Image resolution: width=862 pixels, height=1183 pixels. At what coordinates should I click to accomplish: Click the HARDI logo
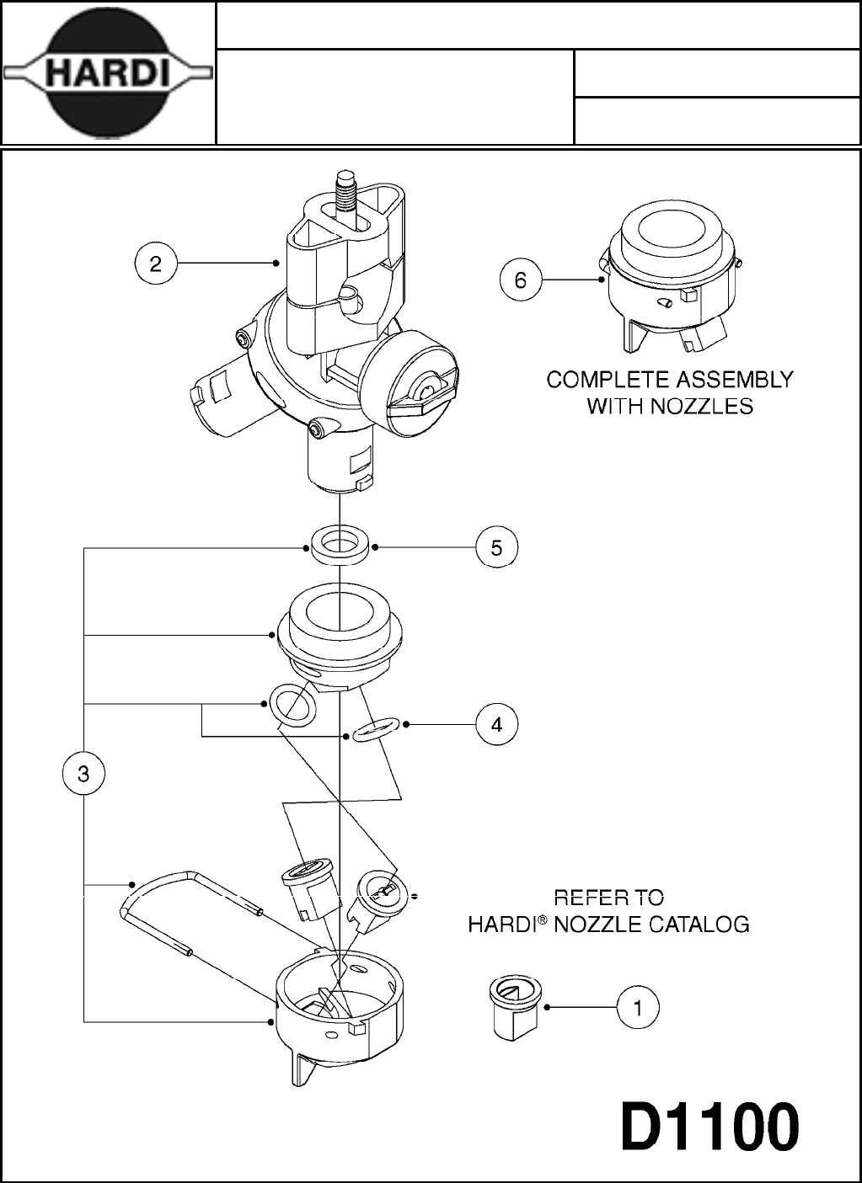(x=107, y=73)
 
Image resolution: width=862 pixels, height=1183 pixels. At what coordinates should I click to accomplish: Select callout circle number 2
(x=156, y=264)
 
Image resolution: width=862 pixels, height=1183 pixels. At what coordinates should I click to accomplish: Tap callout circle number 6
(x=520, y=280)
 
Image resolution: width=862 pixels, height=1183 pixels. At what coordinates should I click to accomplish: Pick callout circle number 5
(x=496, y=547)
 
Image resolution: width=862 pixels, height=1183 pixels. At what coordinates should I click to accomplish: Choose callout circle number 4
(x=496, y=724)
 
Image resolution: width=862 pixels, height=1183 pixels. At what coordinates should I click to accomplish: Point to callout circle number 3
(x=83, y=773)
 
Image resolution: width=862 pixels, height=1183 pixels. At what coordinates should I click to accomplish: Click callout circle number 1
(x=638, y=1007)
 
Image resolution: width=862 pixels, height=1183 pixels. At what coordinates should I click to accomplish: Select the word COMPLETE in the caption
(x=599, y=380)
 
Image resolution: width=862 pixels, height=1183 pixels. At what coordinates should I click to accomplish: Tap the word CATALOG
(x=699, y=925)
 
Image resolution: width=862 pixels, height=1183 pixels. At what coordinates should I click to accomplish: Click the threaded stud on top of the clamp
(x=346, y=189)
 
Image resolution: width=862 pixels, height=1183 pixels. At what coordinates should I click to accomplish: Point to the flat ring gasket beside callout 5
(x=340, y=546)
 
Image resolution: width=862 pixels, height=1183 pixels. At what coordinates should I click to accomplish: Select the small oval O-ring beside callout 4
(x=375, y=729)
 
